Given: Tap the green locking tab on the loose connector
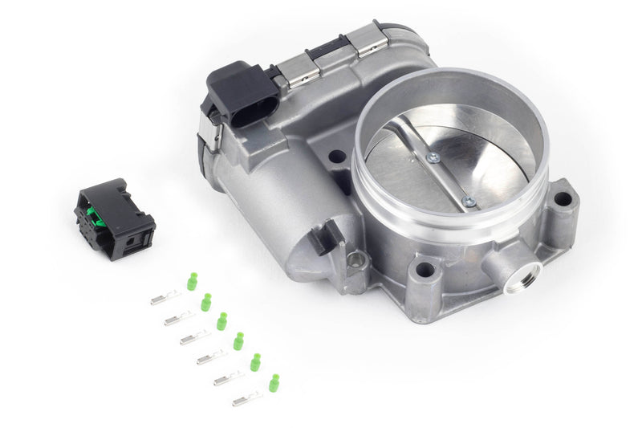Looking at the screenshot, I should [x=94, y=214].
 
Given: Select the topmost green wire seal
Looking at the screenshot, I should [x=192, y=281].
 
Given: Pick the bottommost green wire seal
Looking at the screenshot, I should [x=274, y=382].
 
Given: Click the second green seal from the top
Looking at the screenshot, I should [x=206, y=302].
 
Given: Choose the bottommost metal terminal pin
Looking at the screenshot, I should [x=246, y=397].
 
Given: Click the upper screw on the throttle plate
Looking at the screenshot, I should [x=433, y=158].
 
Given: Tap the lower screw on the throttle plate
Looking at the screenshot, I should [x=468, y=202].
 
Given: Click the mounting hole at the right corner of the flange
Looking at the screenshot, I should [x=563, y=198].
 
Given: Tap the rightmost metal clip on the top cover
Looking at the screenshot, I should [x=370, y=40].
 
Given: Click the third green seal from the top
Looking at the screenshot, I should [x=221, y=321].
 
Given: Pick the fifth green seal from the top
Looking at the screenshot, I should [x=255, y=362].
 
